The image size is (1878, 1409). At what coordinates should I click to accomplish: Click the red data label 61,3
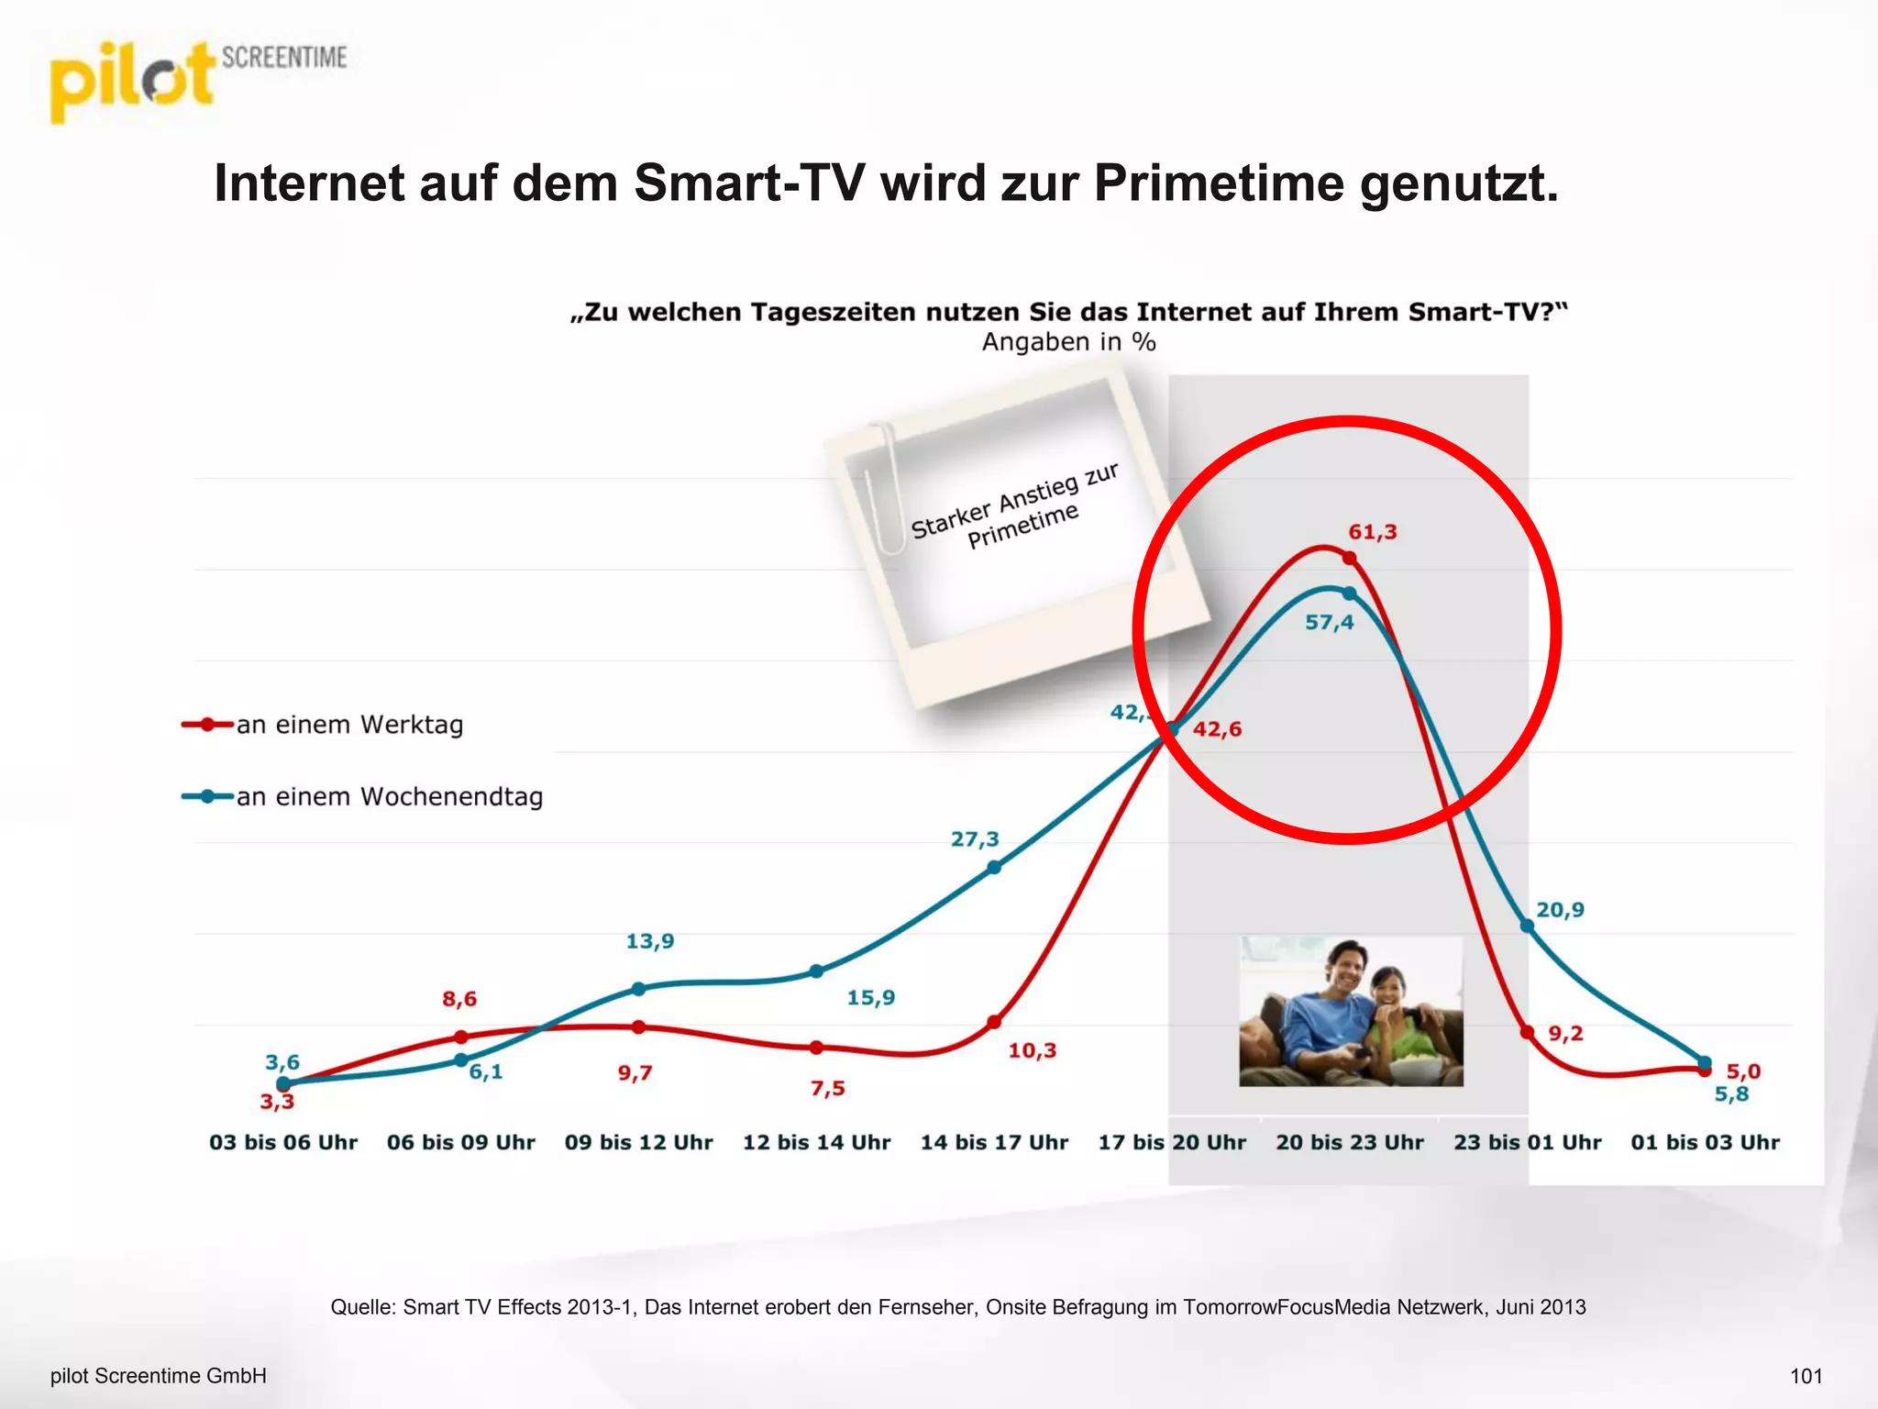pyautogui.click(x=1372, y=532)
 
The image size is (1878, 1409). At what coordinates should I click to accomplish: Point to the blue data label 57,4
pyautogui.click(x=1329, y=623)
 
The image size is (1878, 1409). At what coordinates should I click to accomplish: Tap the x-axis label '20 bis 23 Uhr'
pyautogui.click(x=1350, y=1142)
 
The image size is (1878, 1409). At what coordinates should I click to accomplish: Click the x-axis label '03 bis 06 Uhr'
pyautogui.click(x=283, y=1142)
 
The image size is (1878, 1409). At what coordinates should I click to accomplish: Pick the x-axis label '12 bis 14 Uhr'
pyautogui.click(x=816, y=1142)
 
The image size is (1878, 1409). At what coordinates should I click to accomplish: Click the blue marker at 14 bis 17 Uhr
pyautogui.click(x=994, y=867)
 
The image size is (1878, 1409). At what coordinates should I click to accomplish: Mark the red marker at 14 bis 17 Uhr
pyautogui.click(x=994, y=1022)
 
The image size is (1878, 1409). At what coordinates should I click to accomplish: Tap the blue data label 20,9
pyautogui.click(x=1560, y=910)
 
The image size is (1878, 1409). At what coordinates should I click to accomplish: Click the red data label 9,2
pyautogui.click(x=1565, y=1034)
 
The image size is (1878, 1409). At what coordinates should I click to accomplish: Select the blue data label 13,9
pyautogui.click(x=649, y=941)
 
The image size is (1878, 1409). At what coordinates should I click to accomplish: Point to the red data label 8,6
pyautogui.click(x=459, y=999)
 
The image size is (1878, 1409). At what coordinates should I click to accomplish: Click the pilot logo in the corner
pyautogui.click(x=133, y=81)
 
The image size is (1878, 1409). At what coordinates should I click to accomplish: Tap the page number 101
pyautogui.click(x=1806, y=1376)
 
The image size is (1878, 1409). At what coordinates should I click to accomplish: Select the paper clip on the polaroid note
pyautogui.click(x=882, y=486)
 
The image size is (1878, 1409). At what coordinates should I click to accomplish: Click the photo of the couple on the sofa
pyautogui.click(x=1351, y=1012)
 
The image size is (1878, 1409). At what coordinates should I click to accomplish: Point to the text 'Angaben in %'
pyautogui.click(x=1068, y=342)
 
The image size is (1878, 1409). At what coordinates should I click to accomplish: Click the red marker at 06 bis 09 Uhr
pyautogui.click(x=461, y=1037)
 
